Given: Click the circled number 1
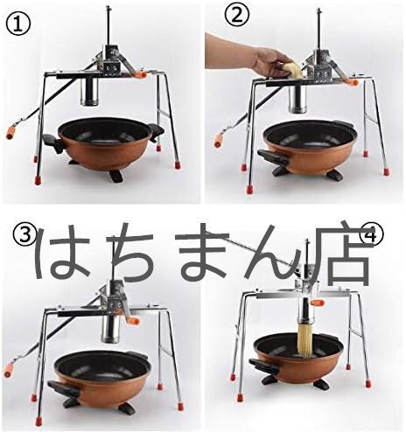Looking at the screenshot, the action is coord(18,24).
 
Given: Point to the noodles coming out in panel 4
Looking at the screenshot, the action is coord(305,340).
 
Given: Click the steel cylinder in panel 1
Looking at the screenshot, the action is coord(91,92).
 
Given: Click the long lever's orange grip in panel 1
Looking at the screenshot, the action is coord(11,133).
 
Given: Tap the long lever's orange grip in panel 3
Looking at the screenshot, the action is coord(9,370).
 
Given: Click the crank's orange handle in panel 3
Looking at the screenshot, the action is coord(134,321).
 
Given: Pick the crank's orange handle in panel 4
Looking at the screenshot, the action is coord(318,303).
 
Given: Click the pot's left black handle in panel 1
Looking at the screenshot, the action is coord(52,143).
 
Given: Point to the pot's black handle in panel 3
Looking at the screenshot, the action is coord(64,388).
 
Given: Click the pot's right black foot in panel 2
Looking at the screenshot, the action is coord(334,175).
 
